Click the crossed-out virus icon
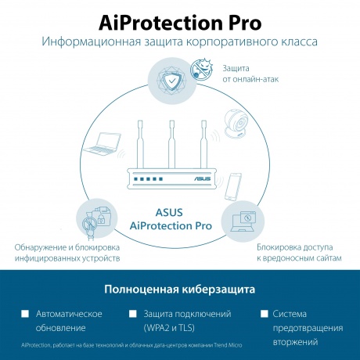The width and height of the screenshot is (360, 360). point(201,69)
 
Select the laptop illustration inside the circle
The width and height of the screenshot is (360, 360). point(103,144)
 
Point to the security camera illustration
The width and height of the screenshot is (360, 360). point(236,123)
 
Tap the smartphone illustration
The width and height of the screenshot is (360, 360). point(233,187)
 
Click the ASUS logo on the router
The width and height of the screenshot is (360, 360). point(203,178)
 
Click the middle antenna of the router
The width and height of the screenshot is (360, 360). point(171,144)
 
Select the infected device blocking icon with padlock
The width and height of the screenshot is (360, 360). point(96,220)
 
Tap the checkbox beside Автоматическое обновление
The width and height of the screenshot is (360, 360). point(25,314)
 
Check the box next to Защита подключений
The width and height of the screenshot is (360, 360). point(133,314)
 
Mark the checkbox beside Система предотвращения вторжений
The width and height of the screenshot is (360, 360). point(265,314)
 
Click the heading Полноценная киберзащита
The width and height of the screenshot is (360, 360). point(180,290)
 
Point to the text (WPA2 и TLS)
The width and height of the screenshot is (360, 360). point(169,328)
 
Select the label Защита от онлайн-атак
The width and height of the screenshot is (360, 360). point(250,74)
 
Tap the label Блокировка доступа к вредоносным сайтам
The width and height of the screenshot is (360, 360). point(299,253)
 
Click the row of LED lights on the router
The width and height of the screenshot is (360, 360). point(148,179)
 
